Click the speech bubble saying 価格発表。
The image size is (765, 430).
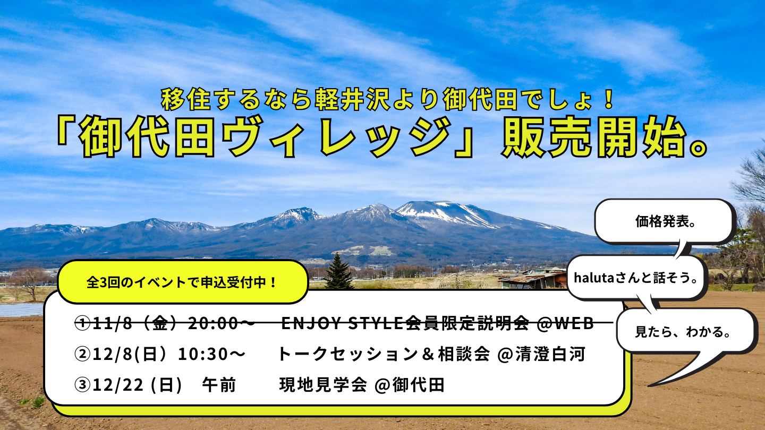pyautogui.click(x=665, y=222)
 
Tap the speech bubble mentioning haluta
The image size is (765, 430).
pyautogui.click(x=636, y=278)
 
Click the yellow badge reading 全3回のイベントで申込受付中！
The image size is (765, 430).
pyautogui.click(x=183, y=282)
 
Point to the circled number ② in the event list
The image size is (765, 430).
pyautogui.click(x=82, y=354)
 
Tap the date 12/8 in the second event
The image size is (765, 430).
pyautogui.click(x=112, y=354)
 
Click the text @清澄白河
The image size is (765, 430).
pyautogui.click(x=542, y=354)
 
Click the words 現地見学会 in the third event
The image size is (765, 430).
pyautogui.click(x=323, y=385)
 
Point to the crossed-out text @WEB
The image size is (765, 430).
pyautogui.click(x=565, y=323)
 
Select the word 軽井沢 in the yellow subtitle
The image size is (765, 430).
pyautogui.click(x=352, y=100)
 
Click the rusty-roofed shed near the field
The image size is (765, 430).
pyautogui.click(x=533, y=279)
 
